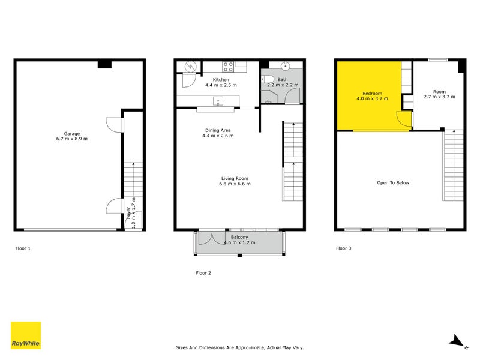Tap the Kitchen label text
pos(221,80)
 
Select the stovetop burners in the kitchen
pos(228,65)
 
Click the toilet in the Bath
pos(269,80)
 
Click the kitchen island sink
pos(218,100)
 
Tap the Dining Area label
pos(217,130)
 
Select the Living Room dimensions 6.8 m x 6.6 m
pos(235,184)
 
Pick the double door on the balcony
pos(208,238)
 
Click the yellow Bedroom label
pos(372,94)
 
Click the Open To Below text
pos(393,183)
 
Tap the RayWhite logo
pos(26,335)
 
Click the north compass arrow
pos(458,340)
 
